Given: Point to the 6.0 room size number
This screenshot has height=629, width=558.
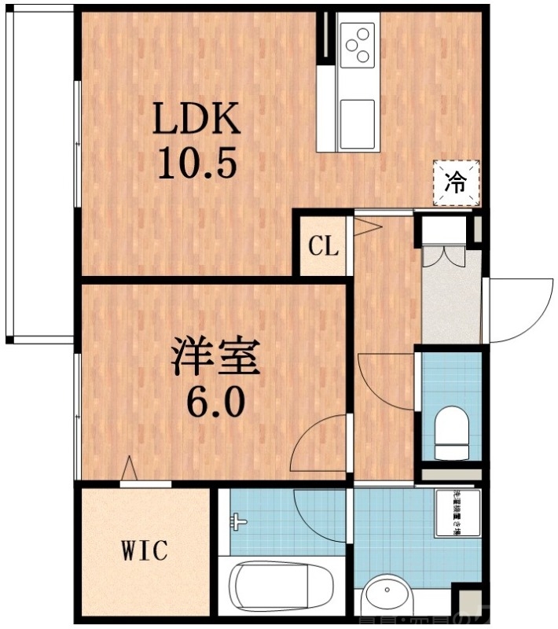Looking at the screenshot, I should coord(215,404).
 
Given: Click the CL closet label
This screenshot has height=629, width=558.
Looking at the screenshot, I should coord(322,247).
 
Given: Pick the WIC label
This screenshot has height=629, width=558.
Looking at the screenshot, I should coord(143,550).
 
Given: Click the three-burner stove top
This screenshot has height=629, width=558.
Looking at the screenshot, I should coord(358,44).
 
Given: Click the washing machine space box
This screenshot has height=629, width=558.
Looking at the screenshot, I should coord(457,515).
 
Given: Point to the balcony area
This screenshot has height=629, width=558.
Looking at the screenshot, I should coord(39,173).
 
